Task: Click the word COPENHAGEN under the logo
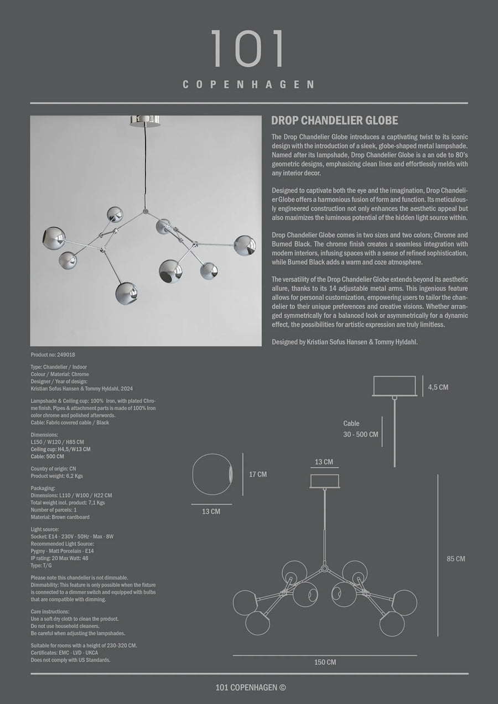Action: click(248, 85)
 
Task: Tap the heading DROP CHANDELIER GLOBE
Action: click(335, 121)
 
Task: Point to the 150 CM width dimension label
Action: click(324, 662)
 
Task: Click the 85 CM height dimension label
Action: click(456, 559)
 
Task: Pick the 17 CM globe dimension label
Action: click(258, 474)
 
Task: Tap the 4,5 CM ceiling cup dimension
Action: click(438, 387)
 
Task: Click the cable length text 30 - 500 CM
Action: click(361, 434)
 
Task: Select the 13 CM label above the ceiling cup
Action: click(324, 462)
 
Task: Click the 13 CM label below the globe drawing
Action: click(211, 512)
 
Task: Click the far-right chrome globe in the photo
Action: click(244, 246)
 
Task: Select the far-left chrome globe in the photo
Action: click(54, 237)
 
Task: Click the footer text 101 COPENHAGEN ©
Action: click(250, 687)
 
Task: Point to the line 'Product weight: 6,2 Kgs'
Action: click(56, 476)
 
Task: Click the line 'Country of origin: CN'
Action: click(53, 468)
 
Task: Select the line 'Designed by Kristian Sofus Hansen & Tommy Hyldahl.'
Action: click(345, 342)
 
